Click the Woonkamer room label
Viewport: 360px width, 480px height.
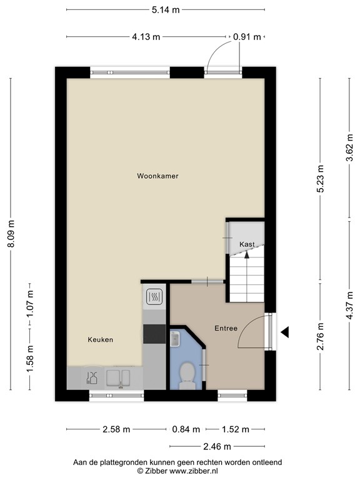click(157, 176)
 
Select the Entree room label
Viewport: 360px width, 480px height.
click(226, 328)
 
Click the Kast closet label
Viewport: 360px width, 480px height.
click(247, 244)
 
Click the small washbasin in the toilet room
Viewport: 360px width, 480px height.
click(174, 339)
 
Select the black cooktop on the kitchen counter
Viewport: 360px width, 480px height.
click(154, 335)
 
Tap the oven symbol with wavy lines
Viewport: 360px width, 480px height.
click(154, 297)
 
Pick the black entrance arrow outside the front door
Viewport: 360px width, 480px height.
click(284, 333)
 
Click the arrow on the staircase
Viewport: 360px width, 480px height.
click(247, 254)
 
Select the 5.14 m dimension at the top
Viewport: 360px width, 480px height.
click(165, 10)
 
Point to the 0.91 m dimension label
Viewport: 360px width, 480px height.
click(246, 37)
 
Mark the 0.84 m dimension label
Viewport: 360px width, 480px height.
click(186, 429)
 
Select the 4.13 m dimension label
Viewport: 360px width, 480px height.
click(146, 37)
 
